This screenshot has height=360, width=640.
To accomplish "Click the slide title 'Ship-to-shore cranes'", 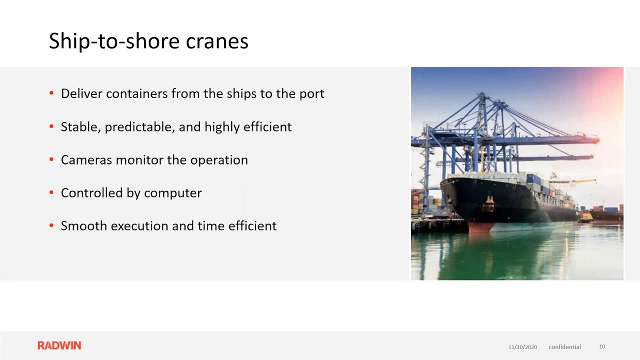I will pyautogui.click(x=148, y=41).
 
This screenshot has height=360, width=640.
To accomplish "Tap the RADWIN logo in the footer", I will pyautogui.click(x=59, y=345).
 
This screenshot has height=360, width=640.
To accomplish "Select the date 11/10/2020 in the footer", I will pyautogui.click(x=522, y=347).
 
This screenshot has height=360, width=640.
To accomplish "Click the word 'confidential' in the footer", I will pyautogui.click(x=564, y=347).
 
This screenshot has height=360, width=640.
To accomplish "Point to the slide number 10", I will pyautogui.click(x=602, y=346).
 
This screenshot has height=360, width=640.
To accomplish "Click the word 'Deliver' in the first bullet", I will pyautogui.click(x=81, y=93).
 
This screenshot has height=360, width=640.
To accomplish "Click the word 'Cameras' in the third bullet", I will pyautogui.click(x=86, y=160).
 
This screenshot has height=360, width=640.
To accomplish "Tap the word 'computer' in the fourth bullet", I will pyautogui.click(x=173, y=193).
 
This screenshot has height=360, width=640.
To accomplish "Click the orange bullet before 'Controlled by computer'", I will pyautogui.click(x=51, y=192).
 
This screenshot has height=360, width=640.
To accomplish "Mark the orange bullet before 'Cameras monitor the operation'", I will pyautogui.click(x=51, y=159).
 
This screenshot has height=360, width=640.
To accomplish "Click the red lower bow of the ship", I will pyautogui.click(x=480, y=227).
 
